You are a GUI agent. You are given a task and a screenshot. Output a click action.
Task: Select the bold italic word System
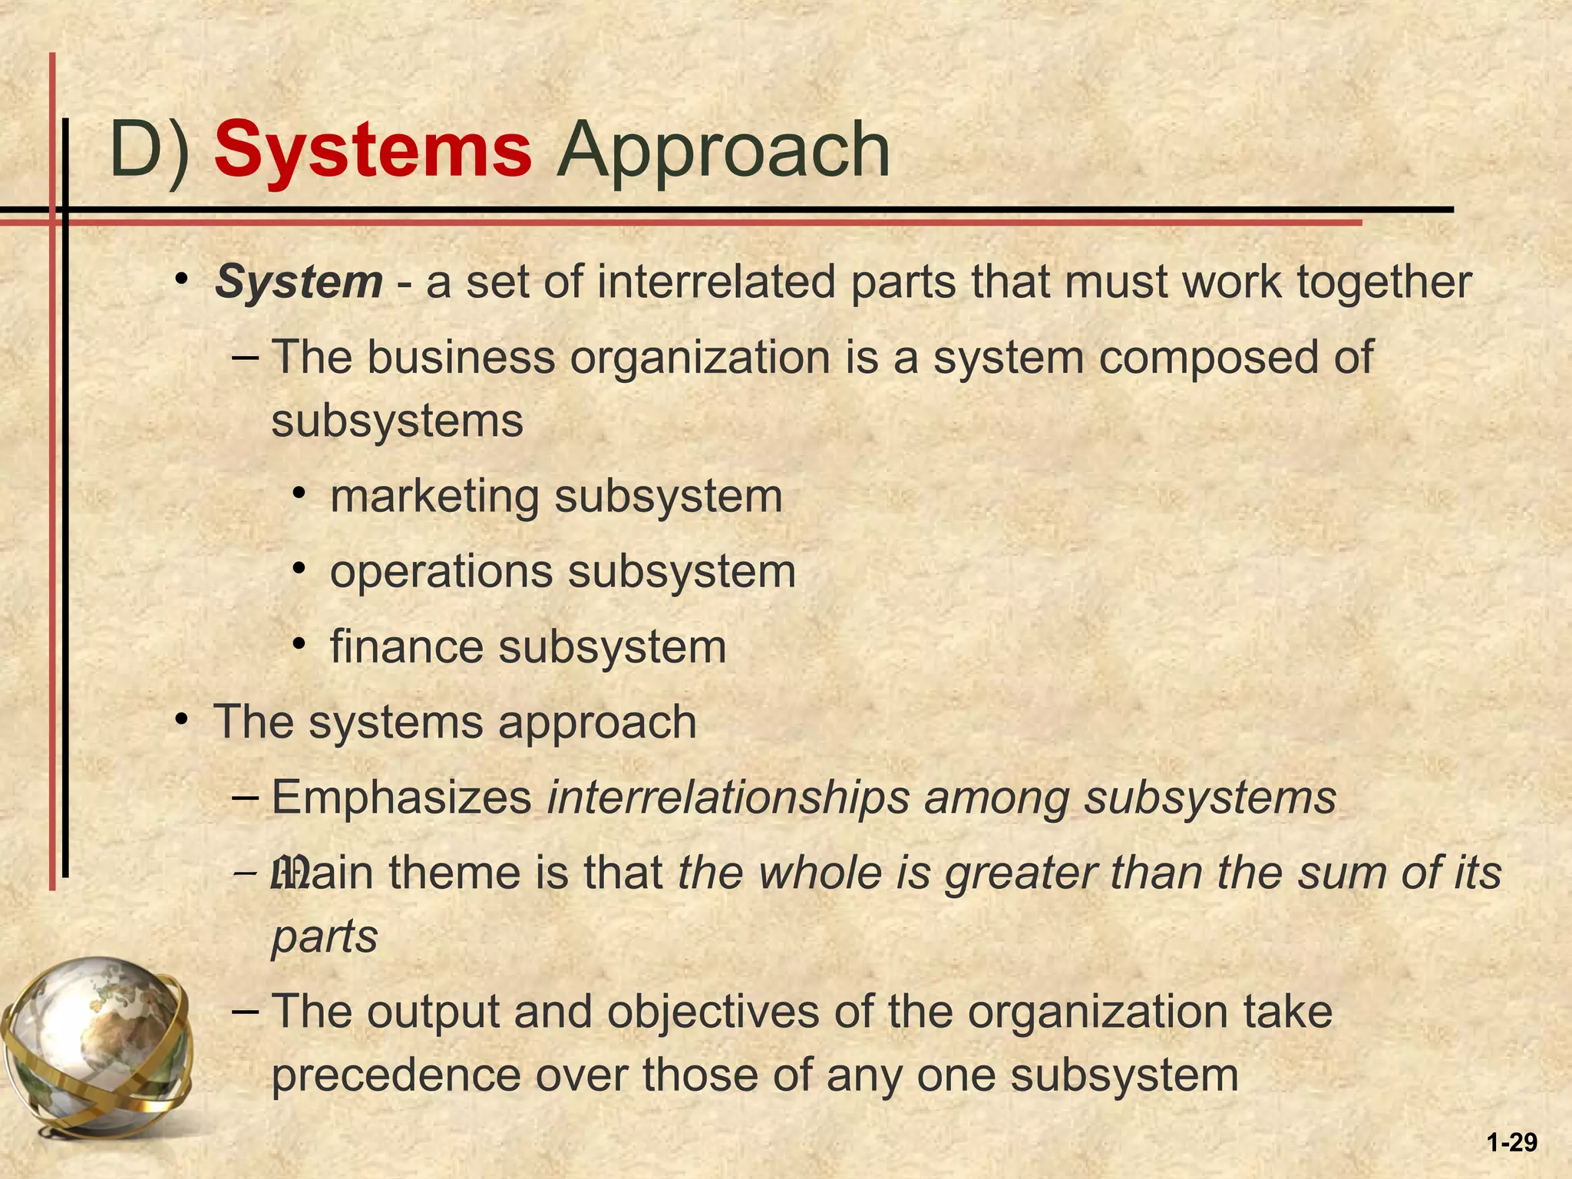(x=299, y=282)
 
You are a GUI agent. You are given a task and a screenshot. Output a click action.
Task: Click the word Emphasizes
(x=401, y=798)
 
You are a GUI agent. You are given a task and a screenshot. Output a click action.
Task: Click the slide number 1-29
(x=1511, y=1143)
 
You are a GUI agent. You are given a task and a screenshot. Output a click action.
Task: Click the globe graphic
(x=96, y=1044)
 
